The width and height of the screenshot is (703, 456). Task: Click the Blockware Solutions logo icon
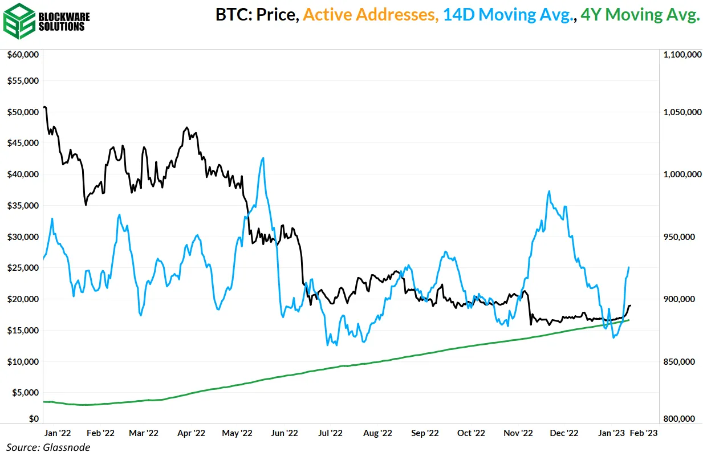pyautogui.click(x=19, y=21)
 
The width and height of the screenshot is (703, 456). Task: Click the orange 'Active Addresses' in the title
pyautogui.click(x=371, y=15)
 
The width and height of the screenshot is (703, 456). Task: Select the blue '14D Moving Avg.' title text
pyautogui.click(x=508, y=15)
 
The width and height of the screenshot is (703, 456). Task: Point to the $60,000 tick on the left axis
pyautogui.click(x=22, y=55)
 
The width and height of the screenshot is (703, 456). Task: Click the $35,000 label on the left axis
pyautogui.click(x=22, y=205)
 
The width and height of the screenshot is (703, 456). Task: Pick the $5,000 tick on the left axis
pyautogui.click(x=25, y=393)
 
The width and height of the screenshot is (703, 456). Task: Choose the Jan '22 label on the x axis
pyautogui.click(x=56, y=433)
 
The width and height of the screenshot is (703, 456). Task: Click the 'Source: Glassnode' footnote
pyautogui.click(x=48, y=447)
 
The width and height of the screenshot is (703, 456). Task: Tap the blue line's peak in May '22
pyautogui.click(x=262, y=158)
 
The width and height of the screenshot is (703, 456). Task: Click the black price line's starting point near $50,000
pyautogui.click(x=44, y=107)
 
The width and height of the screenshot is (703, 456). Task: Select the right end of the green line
pyautogui.click(x=629, y=320)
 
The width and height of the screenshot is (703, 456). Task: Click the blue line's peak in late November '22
pyautogui.click(x=548, y=191)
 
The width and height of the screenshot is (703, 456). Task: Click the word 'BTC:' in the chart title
pyautogui.click(x=234, y=15)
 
